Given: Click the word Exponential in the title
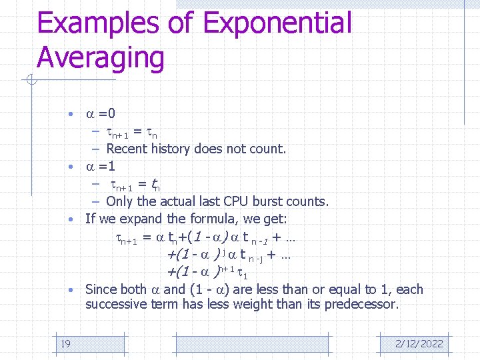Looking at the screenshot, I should (x=277, y=23).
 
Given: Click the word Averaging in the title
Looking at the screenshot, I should (x=100, y=57).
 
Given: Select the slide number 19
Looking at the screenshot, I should (x=65, y=343).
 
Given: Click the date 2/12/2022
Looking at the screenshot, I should (x=419, y=343).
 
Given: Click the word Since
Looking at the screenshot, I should (x=101, y=289).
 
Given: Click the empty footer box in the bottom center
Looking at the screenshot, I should (x=251, y=343).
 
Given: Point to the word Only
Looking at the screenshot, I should (x=119, y=201).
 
